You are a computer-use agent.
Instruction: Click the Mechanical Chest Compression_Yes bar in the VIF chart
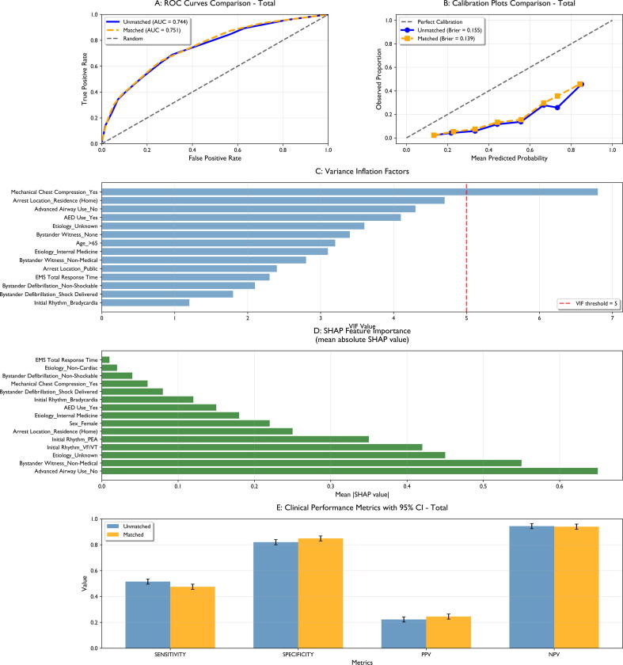click(349, 192)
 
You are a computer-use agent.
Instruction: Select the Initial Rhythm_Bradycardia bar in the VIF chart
click(146, 302)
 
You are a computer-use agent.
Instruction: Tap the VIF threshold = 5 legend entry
click(589, 304)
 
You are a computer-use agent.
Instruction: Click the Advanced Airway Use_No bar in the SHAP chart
click(349, 471)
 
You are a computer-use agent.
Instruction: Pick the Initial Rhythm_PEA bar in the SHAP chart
click(235, 439)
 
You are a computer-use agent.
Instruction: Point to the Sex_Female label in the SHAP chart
click(84, 424)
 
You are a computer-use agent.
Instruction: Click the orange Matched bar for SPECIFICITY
click(321, 593)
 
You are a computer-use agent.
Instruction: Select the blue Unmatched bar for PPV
click(404, 634)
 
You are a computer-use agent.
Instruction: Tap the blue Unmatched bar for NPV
click(532, 587)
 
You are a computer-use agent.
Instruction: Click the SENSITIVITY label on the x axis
click(170, 655)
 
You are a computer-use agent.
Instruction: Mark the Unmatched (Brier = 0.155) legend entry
click(441, 30)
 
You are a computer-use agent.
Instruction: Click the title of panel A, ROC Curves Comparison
click(215, 3)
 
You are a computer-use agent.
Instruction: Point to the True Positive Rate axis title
click(85, 79)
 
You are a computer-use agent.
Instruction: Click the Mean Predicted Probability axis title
click(509, 158)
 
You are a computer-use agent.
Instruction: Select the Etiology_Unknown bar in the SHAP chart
click(274, 455)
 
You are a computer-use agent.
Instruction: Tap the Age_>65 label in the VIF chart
click(87, 243)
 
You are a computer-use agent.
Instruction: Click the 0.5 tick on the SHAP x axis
click(483, 486)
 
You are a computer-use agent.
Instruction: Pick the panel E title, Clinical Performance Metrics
click(363, 507)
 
